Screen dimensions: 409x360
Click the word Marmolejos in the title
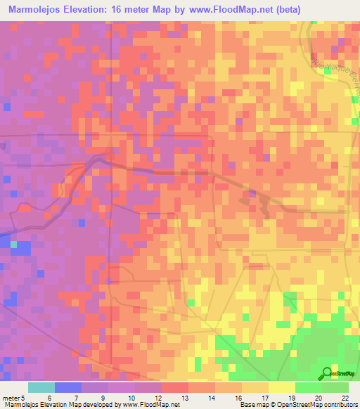pos(35,10)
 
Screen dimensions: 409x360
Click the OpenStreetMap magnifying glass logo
pos(327,373)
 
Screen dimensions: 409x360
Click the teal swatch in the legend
pos(41,387)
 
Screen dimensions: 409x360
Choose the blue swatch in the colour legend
pos(68,387)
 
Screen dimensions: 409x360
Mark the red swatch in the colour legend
pos(174,387)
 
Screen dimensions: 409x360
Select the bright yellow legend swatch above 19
pos(281,387)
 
